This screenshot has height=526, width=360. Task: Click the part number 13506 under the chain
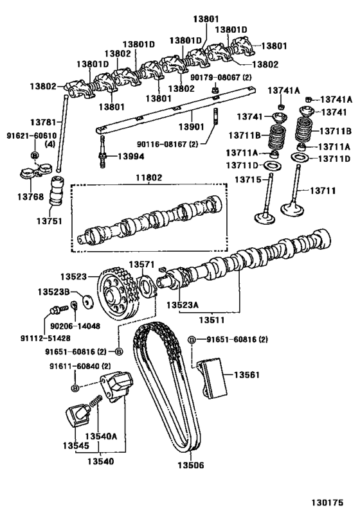click(190, 465)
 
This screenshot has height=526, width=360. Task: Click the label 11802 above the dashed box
click(148, 177)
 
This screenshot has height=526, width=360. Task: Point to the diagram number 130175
click(327, 502)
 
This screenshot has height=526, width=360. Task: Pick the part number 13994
click(131, 156)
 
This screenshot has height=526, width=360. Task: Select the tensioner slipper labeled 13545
click(78, 416)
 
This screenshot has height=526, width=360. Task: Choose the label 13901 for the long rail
click(191, 127)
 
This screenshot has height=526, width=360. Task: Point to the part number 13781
click(43, 123)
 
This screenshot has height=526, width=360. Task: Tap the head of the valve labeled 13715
click(265, 218)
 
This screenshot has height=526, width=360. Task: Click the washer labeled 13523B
click(87, 301)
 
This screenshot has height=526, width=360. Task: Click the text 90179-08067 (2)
click(221, 77)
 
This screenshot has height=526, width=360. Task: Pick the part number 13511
click(212, 320)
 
